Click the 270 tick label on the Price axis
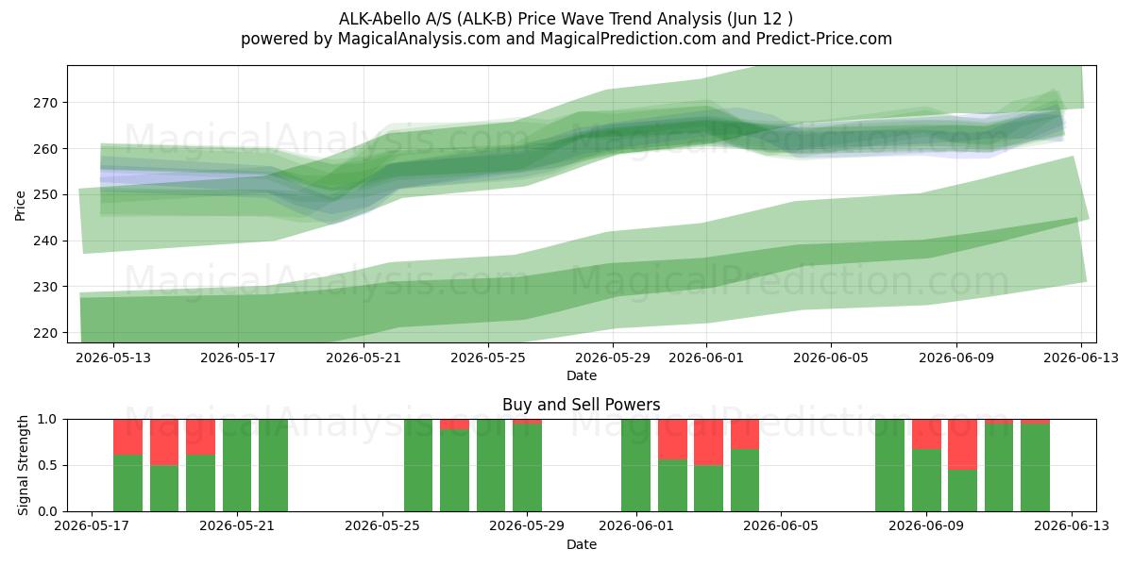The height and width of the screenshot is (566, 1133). pos(45,103)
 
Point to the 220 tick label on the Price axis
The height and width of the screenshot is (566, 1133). pos(45,334)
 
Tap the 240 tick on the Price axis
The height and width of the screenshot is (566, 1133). pos(45,241)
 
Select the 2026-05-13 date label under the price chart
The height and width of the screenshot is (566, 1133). pos(113,358)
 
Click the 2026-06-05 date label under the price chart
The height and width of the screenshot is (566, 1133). pos(831,358)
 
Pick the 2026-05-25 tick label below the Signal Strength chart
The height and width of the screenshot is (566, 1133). pos(382,526)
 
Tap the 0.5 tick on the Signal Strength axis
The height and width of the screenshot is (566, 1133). pos(48,465)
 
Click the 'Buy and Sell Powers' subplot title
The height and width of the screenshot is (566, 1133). pos(582,405)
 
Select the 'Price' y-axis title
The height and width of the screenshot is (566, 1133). pos(20,206)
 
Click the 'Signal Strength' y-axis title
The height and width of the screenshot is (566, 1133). pos(23,465)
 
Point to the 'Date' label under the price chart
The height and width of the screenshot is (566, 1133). pos(582,375)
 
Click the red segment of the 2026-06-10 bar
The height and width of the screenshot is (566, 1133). pos(962,444)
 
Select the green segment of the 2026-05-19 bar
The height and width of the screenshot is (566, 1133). pos(164,489)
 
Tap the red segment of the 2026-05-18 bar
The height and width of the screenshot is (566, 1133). pos(128,437)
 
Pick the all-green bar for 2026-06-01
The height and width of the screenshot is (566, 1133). pos(635,465)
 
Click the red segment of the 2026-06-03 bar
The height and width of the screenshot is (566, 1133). pos(709,442)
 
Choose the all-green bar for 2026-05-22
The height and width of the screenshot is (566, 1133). pos(273,465)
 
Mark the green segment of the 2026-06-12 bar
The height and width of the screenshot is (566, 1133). pos(1035,468)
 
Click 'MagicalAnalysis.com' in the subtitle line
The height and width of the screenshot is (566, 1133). pos(419,39)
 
